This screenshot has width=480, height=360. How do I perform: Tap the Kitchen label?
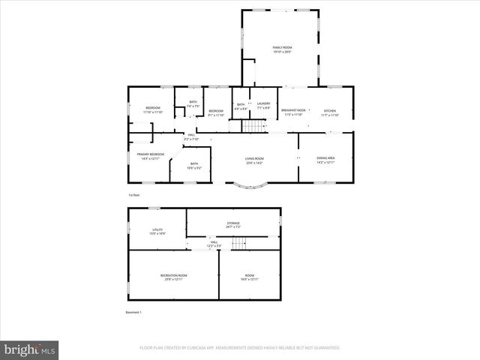click(330, 112)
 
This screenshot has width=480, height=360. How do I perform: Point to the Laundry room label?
click(263, 106)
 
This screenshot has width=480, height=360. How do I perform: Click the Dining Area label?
click(325, 159)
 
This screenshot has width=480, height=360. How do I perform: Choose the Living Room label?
click(254, 160)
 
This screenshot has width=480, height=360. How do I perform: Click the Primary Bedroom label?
click(150, 156)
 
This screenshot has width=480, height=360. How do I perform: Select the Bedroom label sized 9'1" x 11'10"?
click(216, 112)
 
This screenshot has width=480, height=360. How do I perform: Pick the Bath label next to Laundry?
click(241, 106)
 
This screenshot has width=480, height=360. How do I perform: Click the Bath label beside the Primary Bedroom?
click(194, 165)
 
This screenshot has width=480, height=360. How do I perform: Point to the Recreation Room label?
click(173, 277)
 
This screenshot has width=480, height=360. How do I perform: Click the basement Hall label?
click(214, 244)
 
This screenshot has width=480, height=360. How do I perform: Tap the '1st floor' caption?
click(133, 194)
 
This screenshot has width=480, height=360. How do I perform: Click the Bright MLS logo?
click(30, 349)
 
